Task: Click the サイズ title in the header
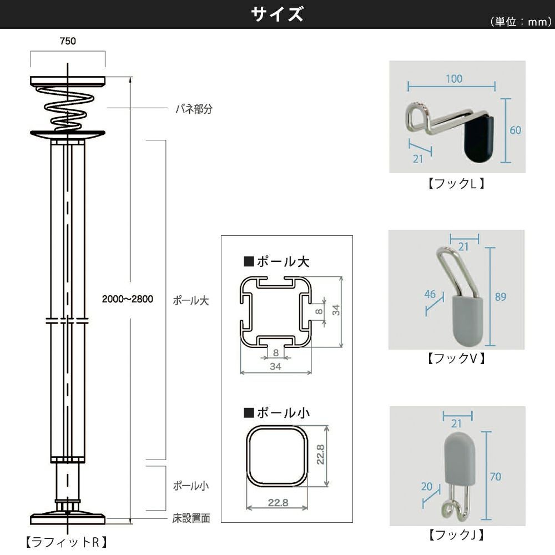click(277, 14)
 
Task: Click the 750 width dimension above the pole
click(68, 41)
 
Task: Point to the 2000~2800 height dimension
click(128, 299)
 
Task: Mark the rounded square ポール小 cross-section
click(276, 457)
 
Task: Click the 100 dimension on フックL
click(453, 79)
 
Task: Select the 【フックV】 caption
click(457, 359)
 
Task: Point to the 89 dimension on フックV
click(501, 297)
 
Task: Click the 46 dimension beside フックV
click(430, 294)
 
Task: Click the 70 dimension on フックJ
click(496, 476)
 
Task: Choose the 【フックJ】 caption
click(457, 535)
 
